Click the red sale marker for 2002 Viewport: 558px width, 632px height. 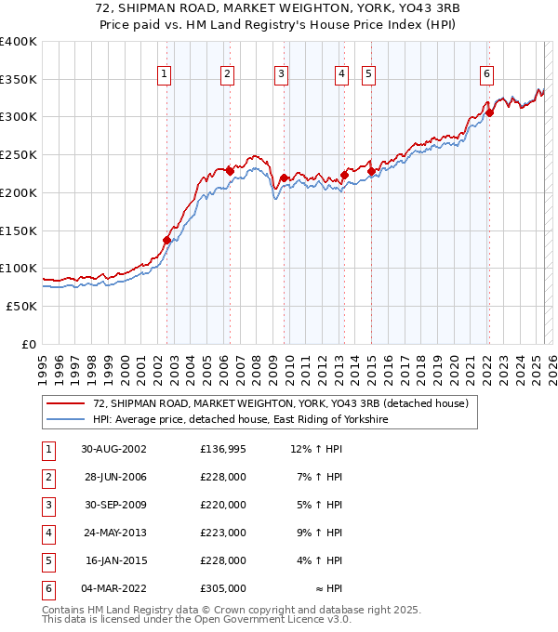tap(167, 240)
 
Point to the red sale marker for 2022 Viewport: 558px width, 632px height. tap(488, 112)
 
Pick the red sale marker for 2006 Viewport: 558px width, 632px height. tap(230, 171)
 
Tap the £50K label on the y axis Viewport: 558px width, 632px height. tap(22, 306)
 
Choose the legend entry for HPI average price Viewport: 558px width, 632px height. tap(240, 420)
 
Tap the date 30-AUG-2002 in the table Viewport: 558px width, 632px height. tap(114, 450)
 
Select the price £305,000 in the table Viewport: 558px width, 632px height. tap(223, 588)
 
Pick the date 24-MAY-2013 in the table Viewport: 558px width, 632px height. tap(114, 533)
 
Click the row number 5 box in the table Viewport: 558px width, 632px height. tap(46, 560)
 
